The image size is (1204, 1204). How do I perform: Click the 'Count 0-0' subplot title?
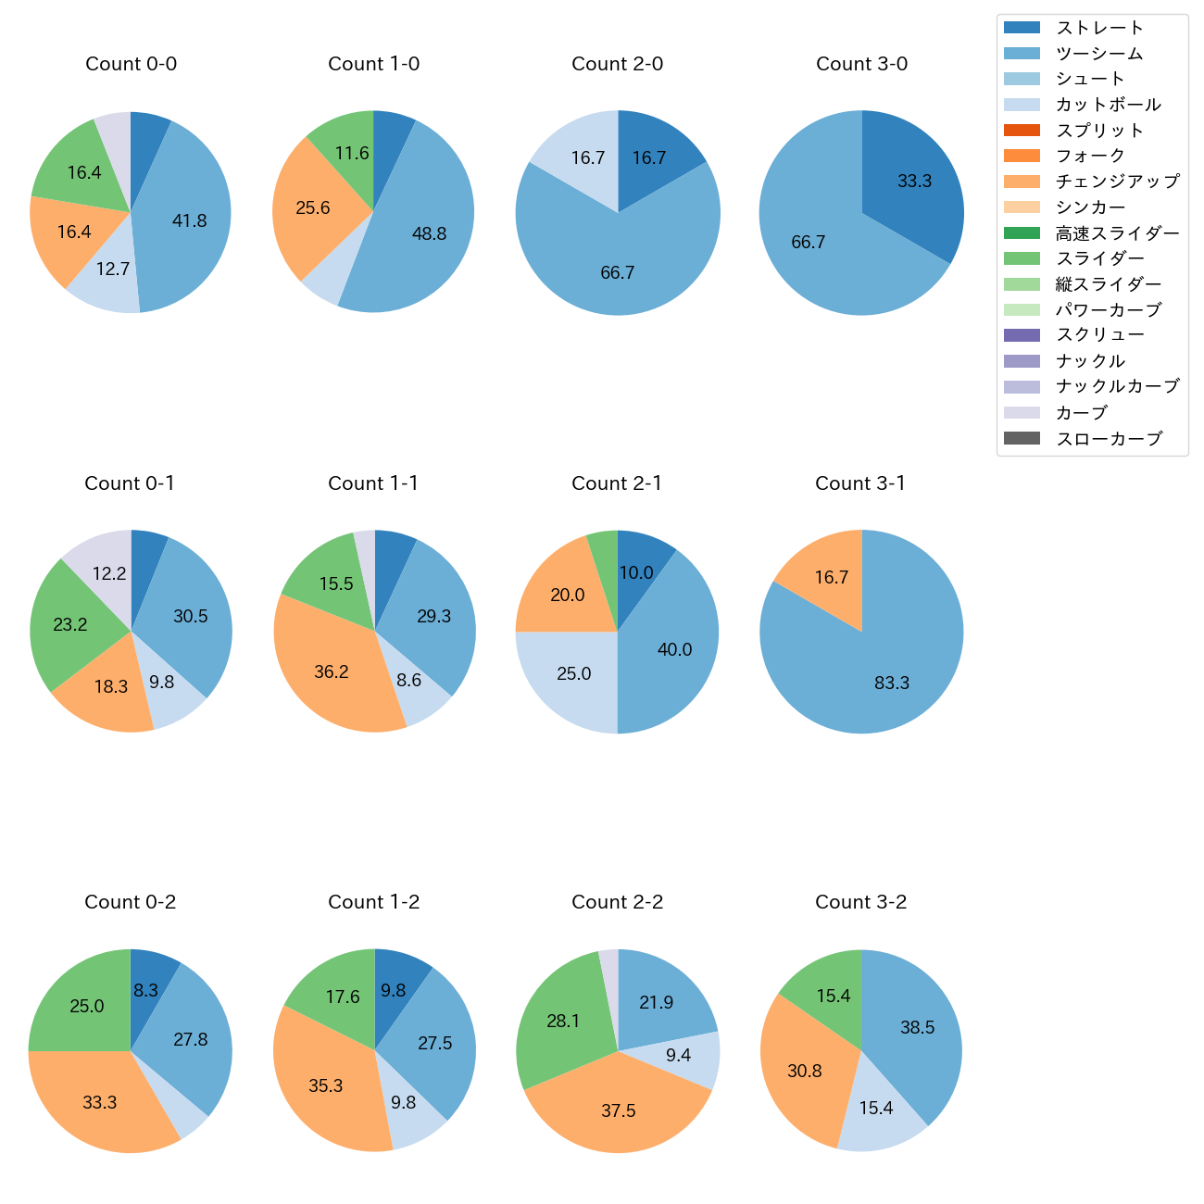click(x=131, y=64)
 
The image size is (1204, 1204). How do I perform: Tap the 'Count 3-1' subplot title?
click(x=860, y=483)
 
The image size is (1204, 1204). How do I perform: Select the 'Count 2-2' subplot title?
click(x=617, y=902)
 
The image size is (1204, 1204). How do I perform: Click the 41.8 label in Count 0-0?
click(x=189, y=220)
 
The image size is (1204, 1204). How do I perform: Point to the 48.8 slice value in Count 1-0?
click(x=429, y=233)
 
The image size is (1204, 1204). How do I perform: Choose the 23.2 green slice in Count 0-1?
click(x=69, y=625)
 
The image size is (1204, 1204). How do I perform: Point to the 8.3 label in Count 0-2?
click(x=145, y=990)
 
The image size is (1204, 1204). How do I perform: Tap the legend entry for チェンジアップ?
click(x=1117, y=182)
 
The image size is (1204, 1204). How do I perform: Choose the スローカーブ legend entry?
click(x=1109, y=439)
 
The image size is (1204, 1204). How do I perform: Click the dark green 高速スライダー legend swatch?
click(x=1022, y=232)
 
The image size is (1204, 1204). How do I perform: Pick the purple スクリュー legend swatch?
click(x=1022, y=335)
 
